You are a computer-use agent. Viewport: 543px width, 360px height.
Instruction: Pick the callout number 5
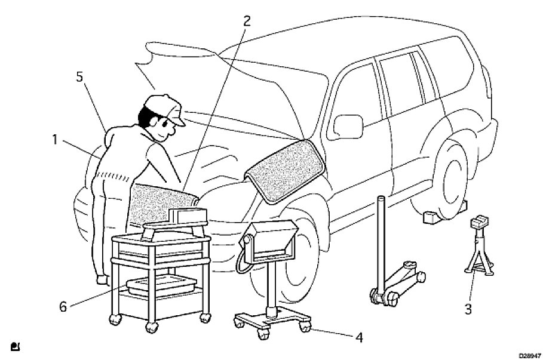click(79, 78)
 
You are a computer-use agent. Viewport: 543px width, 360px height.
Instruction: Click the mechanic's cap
click(164, 108)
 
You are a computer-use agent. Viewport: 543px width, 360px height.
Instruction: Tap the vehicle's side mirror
click(346, 127)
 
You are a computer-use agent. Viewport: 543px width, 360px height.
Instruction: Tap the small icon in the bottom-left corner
click(14, 346)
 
